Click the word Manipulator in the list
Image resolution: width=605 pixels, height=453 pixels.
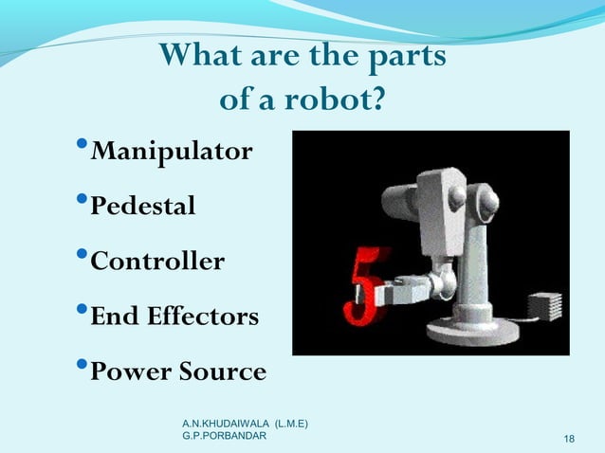point(171,152)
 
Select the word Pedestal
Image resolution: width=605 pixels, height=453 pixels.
point(142,206)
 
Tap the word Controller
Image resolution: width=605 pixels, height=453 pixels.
point(156,261)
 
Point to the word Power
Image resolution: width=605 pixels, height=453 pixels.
point(125,371)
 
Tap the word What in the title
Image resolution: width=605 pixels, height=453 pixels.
point(199,57)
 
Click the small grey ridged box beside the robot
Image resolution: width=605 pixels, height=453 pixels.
point(545,305)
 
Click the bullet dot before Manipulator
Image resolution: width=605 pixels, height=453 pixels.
point(82,147)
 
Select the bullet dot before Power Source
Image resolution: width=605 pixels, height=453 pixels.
point(82,367)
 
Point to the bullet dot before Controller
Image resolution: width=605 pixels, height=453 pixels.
point(82,256)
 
